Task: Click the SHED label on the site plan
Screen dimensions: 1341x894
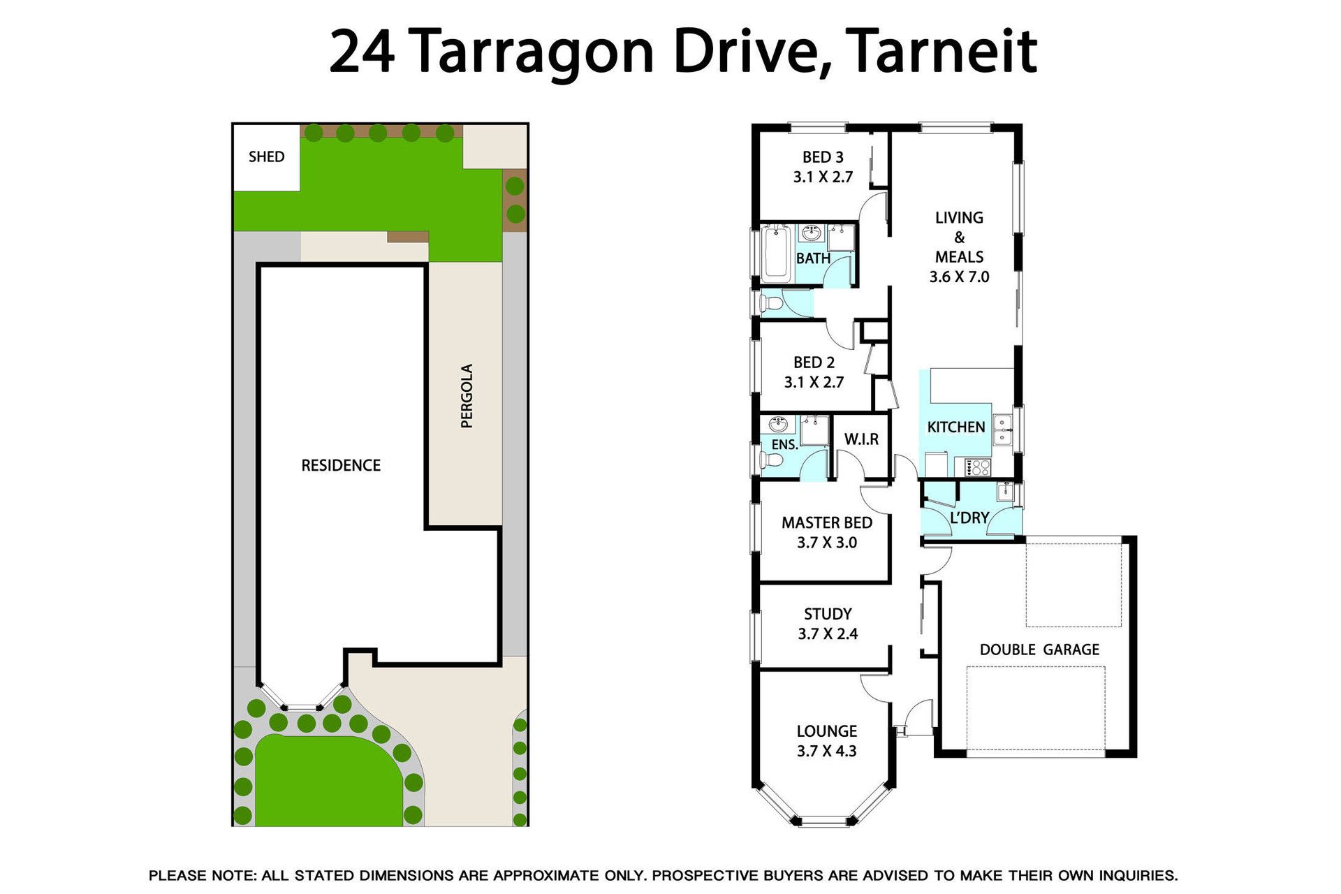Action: click(267, 156)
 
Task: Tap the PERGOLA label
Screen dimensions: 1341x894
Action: click(467, 396)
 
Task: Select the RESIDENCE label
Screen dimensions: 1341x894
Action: click(341, 465)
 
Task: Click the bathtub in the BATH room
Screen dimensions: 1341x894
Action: click(776, 253)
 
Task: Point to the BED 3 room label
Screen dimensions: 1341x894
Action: click(823, 157)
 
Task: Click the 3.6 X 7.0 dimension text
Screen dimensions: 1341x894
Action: click(959, 277)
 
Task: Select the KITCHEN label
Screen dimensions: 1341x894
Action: click(955, 427)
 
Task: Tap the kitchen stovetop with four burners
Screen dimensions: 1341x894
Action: click(977, 467)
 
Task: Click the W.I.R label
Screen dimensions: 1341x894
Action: click(861, 439)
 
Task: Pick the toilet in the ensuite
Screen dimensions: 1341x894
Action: click(770, 460)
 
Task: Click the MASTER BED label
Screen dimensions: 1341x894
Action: click(827, 522)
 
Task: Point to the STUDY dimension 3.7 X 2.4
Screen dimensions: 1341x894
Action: click(828, 633)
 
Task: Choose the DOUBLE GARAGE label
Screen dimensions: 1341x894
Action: click(1039, 650)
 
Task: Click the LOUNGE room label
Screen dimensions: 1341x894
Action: click(827, 731)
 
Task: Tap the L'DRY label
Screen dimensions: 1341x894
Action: click(969, 518)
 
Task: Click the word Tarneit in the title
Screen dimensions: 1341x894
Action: click(944, 51)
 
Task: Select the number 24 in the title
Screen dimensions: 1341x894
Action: click(362, 51)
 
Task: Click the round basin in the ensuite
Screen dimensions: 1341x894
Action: click(777, 424)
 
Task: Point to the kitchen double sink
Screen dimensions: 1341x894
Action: click(1002, 430)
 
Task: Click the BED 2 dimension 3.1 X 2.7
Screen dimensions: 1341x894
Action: click(814, 382)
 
